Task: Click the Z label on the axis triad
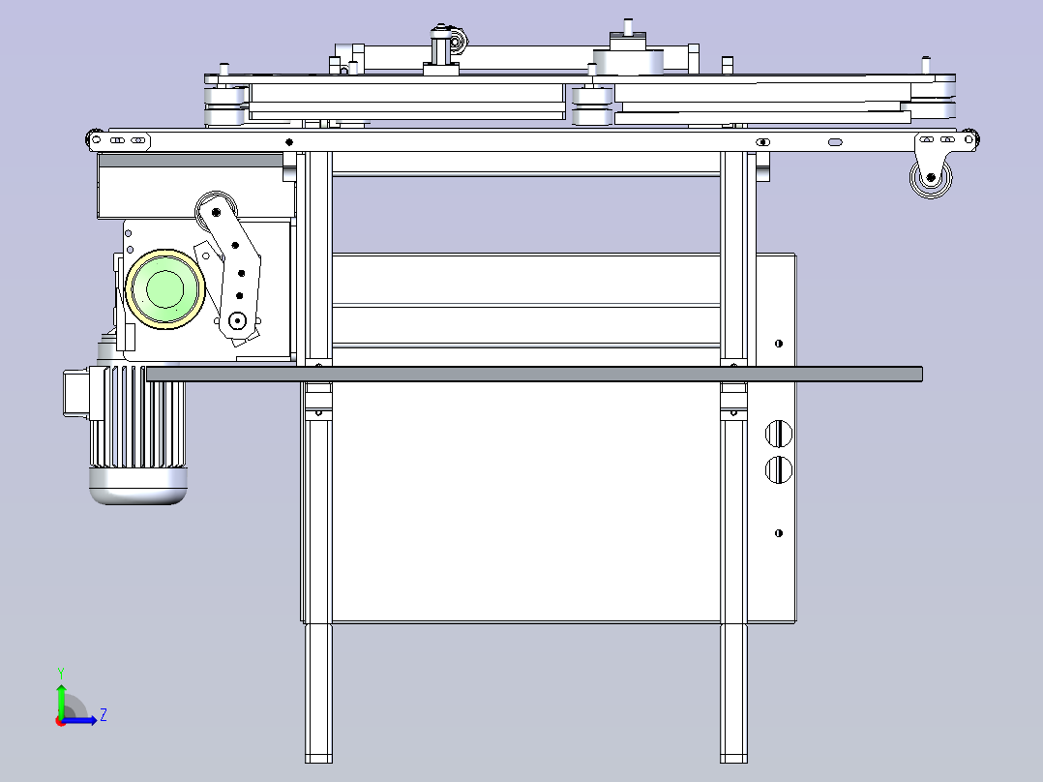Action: [x=103, y=715]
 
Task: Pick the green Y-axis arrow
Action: [x=61, y=697]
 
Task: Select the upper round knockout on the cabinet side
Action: [x=779, y=434]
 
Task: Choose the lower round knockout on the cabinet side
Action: [x=779, y=470]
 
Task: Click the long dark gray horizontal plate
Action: [x=532, y=374]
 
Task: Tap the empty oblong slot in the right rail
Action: [x=835, y=142]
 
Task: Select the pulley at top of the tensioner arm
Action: [x=214, y=208]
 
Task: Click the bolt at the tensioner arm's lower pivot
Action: [x=237, y=320]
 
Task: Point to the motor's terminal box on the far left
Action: [x=75, y=394]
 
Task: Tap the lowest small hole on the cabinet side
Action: [x=779, y=533]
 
